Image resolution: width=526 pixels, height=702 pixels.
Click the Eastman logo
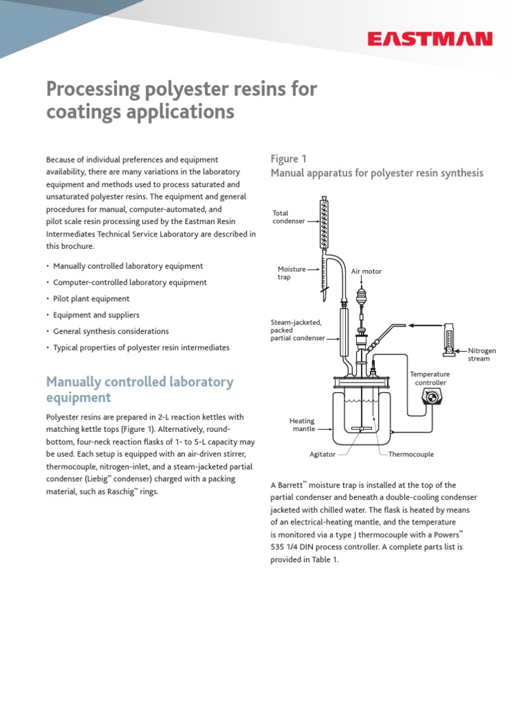click(x=429, y=39)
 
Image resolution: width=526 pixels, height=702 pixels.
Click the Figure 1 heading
click(x=288, y=159)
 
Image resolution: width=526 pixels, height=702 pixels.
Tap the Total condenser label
click(x=288, y=217)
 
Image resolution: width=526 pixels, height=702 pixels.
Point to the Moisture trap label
click(x=291, y=273)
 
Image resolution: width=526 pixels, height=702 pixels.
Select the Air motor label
click(x=366, y=271)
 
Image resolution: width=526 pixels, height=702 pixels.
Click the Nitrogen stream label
click(x=481, y=354)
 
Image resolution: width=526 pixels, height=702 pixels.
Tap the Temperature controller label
click(x=429, y=378)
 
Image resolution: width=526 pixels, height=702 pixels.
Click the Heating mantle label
click(x=302, y=425)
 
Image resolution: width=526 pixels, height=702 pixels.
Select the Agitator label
click(x=323, y=455)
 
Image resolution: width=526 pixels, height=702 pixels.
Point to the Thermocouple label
click(x=411, y=455)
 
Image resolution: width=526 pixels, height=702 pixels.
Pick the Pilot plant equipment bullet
click(x=91, y=299)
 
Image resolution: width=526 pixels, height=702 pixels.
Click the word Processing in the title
click(x=92, y=89)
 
